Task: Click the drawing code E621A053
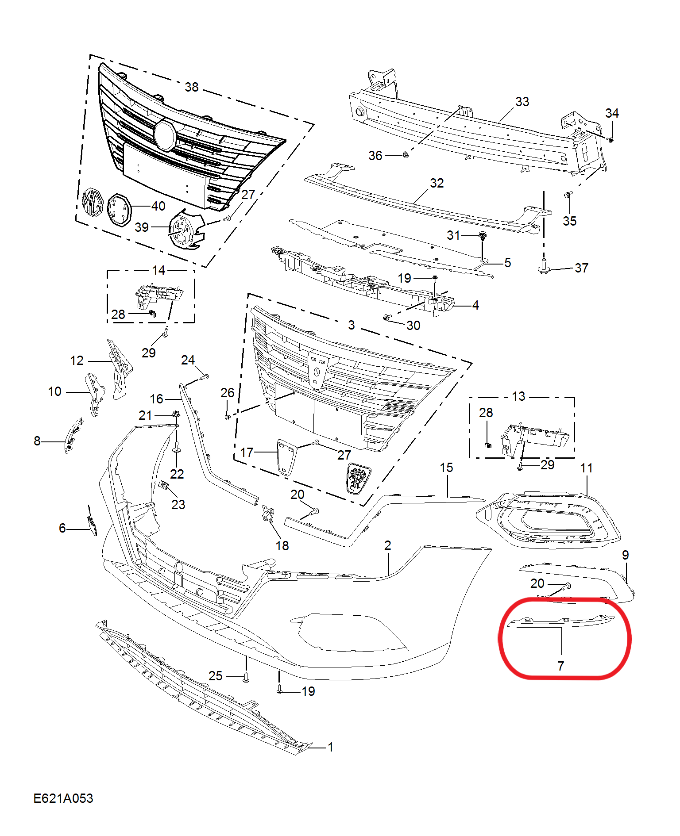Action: click(x=63, y=798)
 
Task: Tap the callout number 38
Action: click(x=192, y=87)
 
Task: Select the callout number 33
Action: click(x=522, y=102)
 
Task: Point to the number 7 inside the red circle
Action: click(x=561, y=666)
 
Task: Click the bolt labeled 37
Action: click(x=543, y=267)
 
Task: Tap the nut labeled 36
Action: click(x=405, y=155)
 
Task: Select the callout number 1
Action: click(x=330, y=747)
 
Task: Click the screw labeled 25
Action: click(x=246, y=677)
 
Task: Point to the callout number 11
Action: click(x=587, y=468)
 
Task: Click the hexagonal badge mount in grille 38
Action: click(x=165, y=134)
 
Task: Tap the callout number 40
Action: click(x=158, y=206)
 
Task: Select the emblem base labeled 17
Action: click(x=286, y=457)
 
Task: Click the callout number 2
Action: click(x=388, y=545)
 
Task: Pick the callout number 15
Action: click(x=446, y=468)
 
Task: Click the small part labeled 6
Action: click(x=92, y=521)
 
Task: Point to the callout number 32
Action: click(x=437, y=183)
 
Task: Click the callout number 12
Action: click(x=77, y=360)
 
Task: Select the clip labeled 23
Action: click(x=163, y=485)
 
